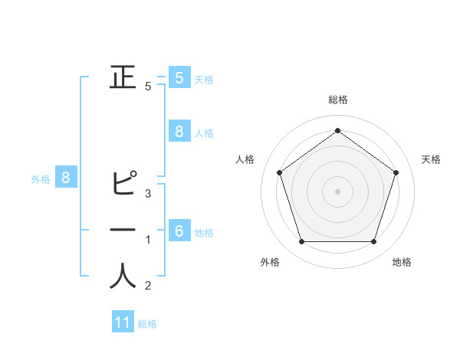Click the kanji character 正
coord(123,78)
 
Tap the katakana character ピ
coord(123,185)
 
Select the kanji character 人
coord(123,277)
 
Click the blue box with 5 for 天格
coord(179,78)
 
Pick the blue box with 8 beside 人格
coord(179,132)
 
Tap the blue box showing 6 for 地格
coord(179,231)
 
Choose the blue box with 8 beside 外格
coord(66,178)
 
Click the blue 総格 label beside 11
coord(147,324)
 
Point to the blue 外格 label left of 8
coord(41,179)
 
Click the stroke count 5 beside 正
coord(148,87)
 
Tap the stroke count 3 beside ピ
coord(148,193)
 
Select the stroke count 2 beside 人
coord(148,286)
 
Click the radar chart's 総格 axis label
coord(337,100)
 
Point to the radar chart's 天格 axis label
coord(431,159)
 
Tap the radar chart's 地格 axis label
coord(402,262)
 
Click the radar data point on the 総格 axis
coord(337,130)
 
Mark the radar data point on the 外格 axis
coord(301,242)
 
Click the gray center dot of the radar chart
coord(337,191)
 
